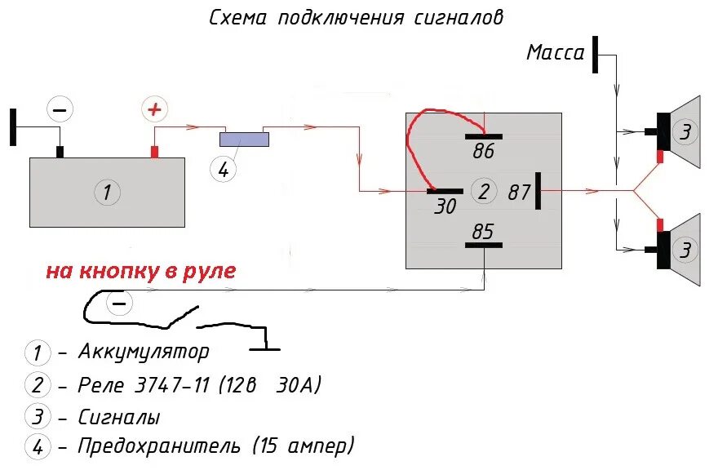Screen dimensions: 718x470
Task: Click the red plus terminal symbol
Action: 153,109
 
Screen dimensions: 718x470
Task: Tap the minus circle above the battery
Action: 60,109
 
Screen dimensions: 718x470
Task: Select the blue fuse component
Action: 246,140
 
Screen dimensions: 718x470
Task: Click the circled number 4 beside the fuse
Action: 222,169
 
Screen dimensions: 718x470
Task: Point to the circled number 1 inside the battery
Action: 106,193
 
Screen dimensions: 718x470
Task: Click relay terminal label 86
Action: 483,151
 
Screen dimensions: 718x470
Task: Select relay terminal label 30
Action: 445,207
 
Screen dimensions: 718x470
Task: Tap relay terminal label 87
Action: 520,193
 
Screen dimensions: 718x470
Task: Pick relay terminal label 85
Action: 483,232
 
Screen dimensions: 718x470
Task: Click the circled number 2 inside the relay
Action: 484,192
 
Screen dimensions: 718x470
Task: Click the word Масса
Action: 556,53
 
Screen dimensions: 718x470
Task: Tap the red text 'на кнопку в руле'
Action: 140,272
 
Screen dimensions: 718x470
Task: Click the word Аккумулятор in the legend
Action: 144,352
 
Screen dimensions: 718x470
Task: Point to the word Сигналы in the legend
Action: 119,417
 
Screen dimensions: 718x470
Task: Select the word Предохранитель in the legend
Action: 160,446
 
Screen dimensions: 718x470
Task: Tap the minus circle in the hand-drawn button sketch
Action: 119,304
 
